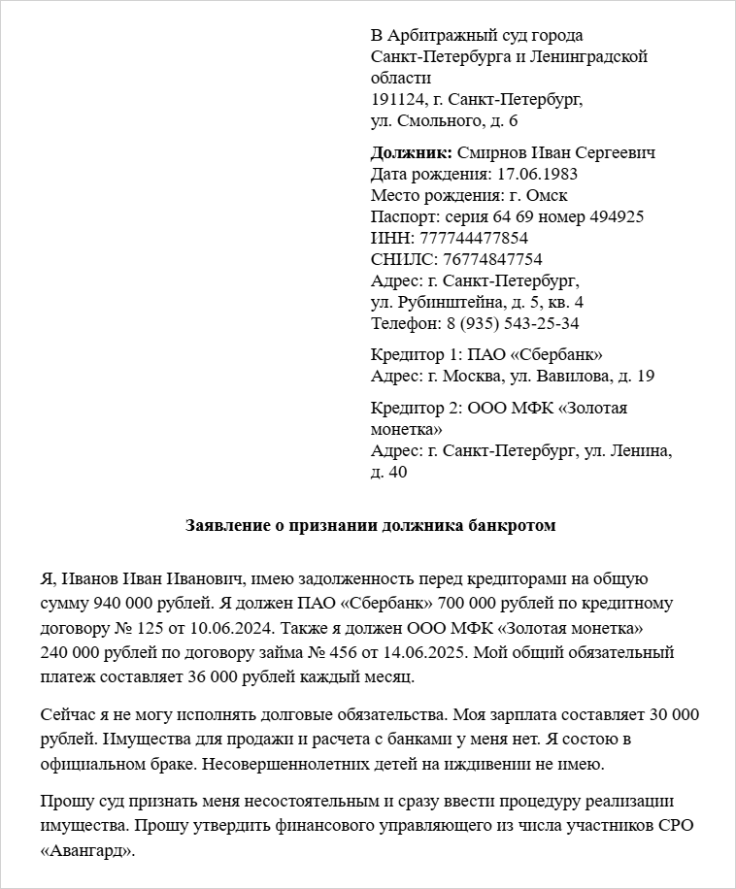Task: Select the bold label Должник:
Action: [411, 152]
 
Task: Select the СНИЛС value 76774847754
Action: [492, 259]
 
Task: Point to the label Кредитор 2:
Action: [417, 408]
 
